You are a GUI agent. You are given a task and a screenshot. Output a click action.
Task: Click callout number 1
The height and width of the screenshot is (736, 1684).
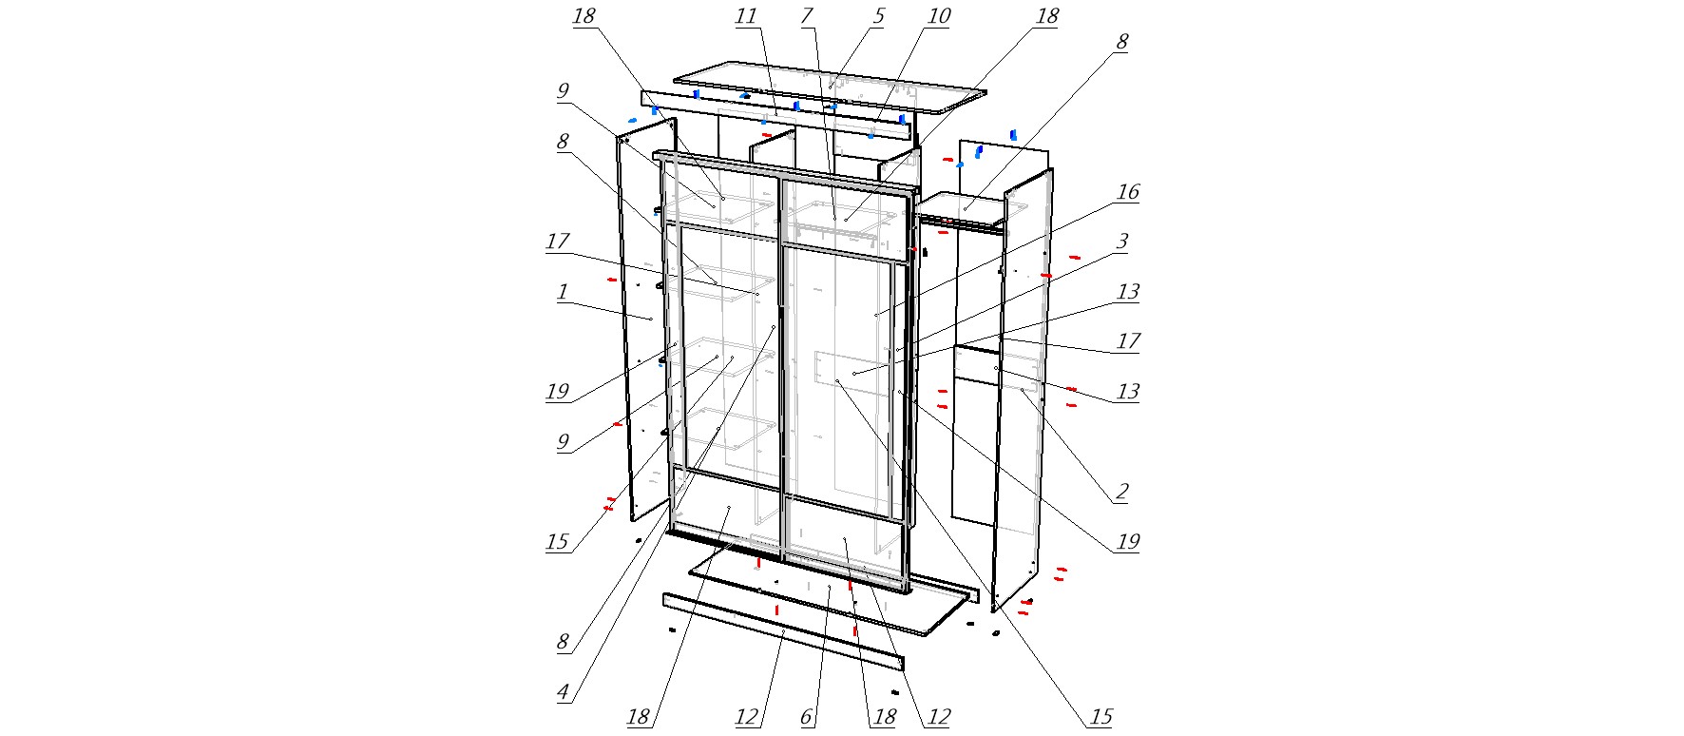click(562, 292)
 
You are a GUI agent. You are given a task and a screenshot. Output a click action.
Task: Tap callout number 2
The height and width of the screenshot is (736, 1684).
click(1121, 492)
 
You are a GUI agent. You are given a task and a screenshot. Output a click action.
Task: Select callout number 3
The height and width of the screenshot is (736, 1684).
click(1121, 242)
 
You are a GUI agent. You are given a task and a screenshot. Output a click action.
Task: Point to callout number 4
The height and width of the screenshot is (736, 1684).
click(564, 692)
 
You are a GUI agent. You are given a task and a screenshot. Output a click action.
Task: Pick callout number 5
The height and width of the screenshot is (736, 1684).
click(878, 16)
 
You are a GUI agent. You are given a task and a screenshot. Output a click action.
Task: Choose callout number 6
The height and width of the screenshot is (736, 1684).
click(807, 717)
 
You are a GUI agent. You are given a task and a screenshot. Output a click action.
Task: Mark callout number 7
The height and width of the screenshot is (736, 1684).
click(807, 16)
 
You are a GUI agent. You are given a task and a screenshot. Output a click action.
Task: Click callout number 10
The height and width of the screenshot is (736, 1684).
click(938, 16)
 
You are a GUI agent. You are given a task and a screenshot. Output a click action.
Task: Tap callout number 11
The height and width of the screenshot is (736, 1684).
click(746, 16)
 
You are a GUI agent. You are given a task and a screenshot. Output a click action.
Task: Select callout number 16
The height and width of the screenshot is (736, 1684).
click(1127, 192)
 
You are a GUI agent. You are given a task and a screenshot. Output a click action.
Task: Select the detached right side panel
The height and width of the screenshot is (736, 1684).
click(1023, 390)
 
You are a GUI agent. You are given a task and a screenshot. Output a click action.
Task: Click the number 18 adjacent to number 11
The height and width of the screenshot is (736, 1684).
click(584, 16)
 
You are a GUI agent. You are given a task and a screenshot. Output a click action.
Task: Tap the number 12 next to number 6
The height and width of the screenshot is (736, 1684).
click(747, 717)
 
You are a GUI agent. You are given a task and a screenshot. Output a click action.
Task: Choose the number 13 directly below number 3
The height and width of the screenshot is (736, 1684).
click(1127, 292)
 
